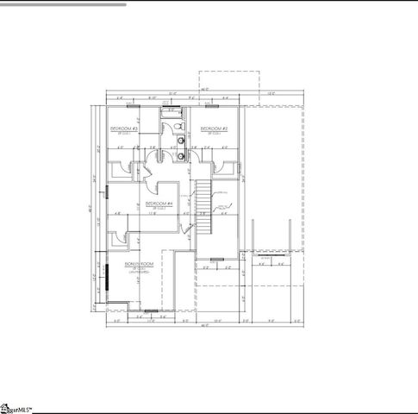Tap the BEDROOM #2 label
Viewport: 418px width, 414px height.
click(x=214, y=129)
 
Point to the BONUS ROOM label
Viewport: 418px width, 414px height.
click(x=138, y=263)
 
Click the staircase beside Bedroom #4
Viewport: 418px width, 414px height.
click(x=203, y=207)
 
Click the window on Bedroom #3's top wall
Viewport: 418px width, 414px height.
click(x=131, y=106)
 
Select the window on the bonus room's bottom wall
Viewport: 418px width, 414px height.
click(x=151, y=310)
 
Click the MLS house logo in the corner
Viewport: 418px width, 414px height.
click(x=10, y=406)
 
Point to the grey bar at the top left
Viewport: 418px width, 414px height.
click(x=64, y=4)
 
